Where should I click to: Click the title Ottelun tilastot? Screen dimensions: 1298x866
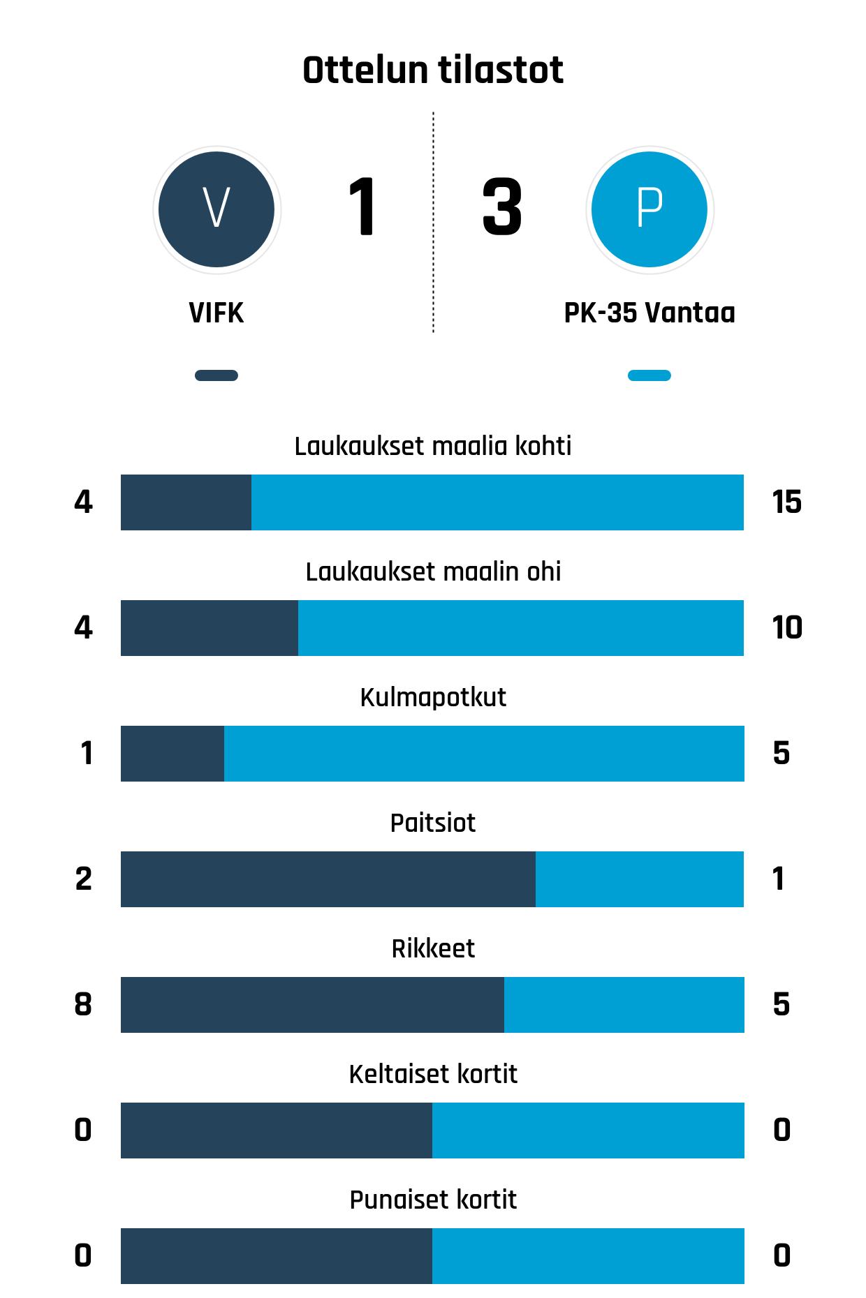click(433, 70)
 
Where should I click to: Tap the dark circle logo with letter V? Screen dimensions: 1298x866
click(216, 209)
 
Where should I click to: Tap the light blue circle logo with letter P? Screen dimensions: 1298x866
click(649, 209)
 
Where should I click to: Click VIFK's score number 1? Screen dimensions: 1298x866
click(362, 207)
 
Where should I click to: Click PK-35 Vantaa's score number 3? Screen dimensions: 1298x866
click(502, 207)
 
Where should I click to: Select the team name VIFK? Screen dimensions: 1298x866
click(216, 313)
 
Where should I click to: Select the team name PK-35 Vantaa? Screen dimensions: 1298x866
click(649, 313)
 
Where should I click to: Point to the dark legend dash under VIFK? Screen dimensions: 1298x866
click(216, 375)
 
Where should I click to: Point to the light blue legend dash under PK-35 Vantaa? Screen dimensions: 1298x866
click(649, 375)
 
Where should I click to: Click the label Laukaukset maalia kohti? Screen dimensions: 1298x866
click(433, 446)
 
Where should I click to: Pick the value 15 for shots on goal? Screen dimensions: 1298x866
click(787, 502)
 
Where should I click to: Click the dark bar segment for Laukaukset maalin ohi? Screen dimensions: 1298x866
click(210, 628)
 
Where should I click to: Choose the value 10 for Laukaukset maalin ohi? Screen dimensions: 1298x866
click(787, 628)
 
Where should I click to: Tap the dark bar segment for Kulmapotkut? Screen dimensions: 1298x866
click(173, 754)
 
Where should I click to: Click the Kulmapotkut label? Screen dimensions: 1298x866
click(433, 697)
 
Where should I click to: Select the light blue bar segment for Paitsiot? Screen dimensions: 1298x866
click(640, 879)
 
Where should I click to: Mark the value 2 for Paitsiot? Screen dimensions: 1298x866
click(84, 879)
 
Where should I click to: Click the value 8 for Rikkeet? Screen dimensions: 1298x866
click(83, 1005)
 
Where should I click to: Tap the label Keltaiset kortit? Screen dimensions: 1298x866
click(433, 1074)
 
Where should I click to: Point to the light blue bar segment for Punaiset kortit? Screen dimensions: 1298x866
click(588, 1256)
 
